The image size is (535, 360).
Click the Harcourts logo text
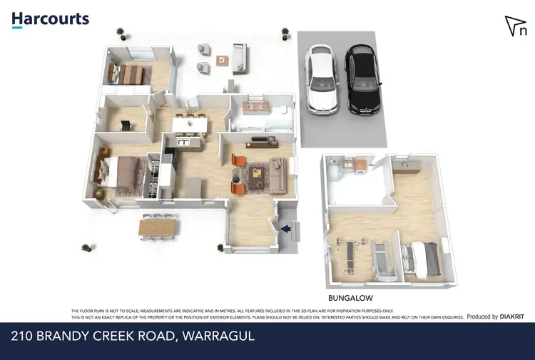(50, 19)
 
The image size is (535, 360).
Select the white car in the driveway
(321, 78)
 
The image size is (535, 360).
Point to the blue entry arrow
(286, 229)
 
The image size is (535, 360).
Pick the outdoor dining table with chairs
(157, 227)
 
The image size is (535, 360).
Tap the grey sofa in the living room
(277, 174)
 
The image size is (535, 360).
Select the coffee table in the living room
(256, 173)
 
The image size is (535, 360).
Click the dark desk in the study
(126, 125)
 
